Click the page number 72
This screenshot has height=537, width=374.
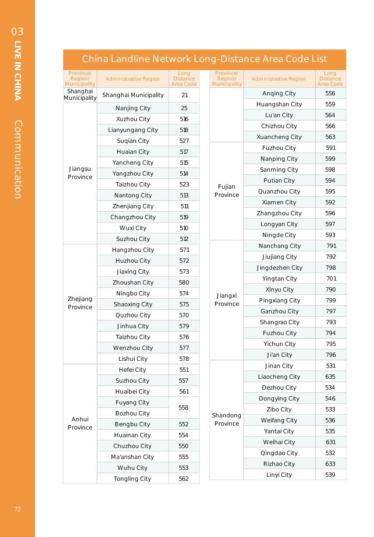coord(17,509)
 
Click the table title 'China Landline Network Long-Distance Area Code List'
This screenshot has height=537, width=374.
coord(204,59)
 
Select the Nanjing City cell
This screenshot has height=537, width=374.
coord(133,108)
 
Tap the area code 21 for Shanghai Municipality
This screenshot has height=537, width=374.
coord(184,95)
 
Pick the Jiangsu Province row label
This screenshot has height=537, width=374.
coord(80,173)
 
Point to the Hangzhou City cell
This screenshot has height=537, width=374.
coord(133,250)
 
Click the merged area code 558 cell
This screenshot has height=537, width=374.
coord(184,407)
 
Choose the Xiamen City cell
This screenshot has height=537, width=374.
coord(279,202)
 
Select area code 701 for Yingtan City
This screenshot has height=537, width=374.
coord(331,279)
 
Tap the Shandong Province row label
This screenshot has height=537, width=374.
coord(226,419)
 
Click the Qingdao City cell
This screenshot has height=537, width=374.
coord(279,453)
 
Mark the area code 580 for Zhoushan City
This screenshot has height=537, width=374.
coord(184,283)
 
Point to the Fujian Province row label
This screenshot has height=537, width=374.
coord(226,191)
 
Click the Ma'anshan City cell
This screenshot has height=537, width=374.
coord(132,457)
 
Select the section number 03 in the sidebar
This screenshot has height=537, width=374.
coord(17,32)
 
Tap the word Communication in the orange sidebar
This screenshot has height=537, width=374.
coord(18,160)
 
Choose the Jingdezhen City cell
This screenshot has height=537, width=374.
coord(279,268)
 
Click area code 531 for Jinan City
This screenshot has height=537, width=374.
coord(330,366)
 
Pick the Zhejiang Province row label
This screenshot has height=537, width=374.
coord(80,303)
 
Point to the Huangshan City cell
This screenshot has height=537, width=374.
coord(279,104)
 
